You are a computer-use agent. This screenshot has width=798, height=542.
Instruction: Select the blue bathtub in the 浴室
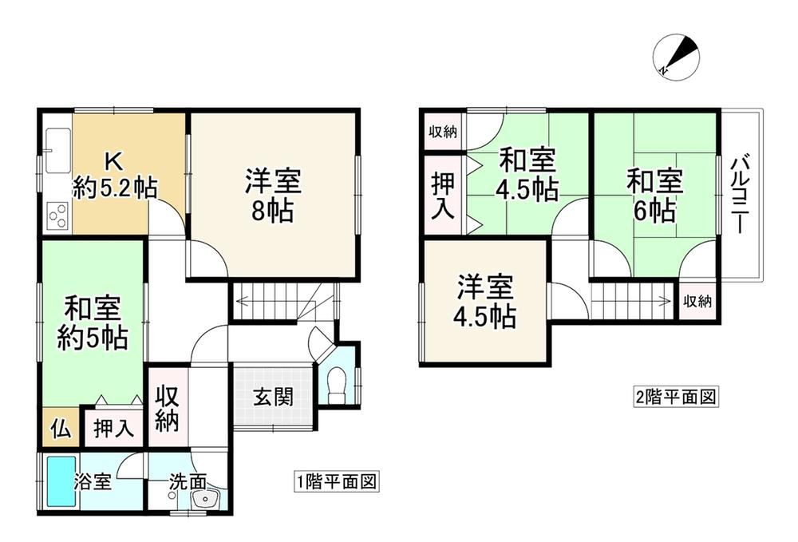tap(61, 481)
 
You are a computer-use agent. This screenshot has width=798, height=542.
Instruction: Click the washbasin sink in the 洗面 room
tap(206, 500)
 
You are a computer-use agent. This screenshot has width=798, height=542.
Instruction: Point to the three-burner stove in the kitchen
tap(58, 216)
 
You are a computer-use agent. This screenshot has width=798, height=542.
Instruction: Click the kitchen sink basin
tap(58, 151)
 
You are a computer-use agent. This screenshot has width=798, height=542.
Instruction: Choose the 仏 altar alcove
tap(61, 427)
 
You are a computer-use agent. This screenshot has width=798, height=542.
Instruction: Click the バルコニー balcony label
tap(740, 196)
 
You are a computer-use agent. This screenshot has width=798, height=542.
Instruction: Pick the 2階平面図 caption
tap(675, 397)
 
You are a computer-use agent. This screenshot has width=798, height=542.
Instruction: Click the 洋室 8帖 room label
tap(273, 196)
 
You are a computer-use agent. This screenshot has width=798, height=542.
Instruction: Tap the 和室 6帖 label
tap(655, 196)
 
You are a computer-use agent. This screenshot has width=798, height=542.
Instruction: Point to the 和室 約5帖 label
tap(92, 322)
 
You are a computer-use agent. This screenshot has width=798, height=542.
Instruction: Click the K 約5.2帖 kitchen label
tap(114, 176)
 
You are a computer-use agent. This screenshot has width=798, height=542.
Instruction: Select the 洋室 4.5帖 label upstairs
tap(485, 302)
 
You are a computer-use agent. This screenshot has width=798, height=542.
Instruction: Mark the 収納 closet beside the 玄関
tap(168, 408)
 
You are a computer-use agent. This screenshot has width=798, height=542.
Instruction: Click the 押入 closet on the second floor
tap(443, 196)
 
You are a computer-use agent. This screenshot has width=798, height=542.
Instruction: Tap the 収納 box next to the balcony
tap(697, 300)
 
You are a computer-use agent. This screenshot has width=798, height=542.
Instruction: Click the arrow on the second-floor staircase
tap(631, 300)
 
